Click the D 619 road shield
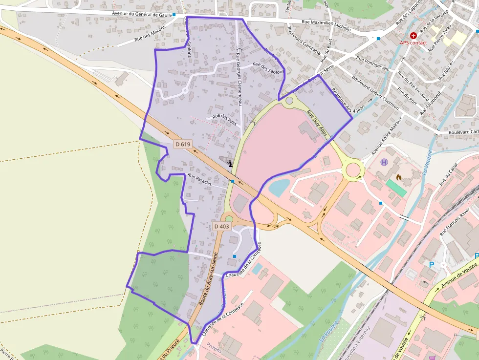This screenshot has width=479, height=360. click(x=182, y=144)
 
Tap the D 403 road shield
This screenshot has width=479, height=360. click(x=221, y=226)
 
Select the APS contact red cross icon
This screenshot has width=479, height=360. click(x=414, y=36)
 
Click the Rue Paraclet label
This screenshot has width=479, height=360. click(x=199, y=179)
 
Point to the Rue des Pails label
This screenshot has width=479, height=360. click(x=224, y=120)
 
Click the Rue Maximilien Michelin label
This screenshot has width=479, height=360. click(x=326, y=25)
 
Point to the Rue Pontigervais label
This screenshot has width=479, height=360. click(x=372, y=64)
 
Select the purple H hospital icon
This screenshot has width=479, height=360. click(x=384, y=162)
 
